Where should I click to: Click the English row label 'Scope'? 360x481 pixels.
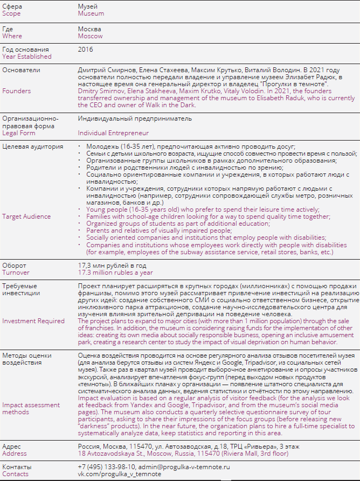coord(12,13)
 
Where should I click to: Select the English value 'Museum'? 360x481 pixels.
coord(91,13)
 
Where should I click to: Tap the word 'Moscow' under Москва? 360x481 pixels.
coord(90,36)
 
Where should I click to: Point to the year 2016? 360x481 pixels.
coord(85,49)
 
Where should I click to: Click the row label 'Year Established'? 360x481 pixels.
coord(27,56)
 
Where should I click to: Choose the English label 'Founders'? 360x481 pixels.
coord(17,91)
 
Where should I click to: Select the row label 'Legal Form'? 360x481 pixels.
coord(19,133)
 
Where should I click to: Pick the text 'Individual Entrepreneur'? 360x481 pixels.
coord(113,133)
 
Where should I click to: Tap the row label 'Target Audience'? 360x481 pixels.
coord(26,216)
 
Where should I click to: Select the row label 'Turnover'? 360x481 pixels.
coord(16,273)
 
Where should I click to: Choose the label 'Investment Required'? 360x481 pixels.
coord(33,320)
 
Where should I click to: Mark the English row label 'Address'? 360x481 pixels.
coord(15,454)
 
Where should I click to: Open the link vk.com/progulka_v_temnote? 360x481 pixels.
coord(119,473)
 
